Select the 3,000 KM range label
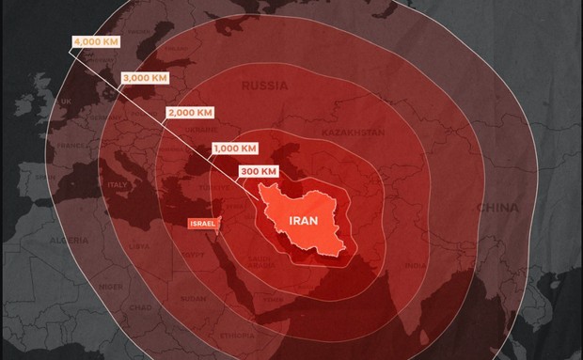143,79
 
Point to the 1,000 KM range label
235,149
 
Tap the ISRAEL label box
203,223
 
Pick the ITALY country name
120,184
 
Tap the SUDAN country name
192,299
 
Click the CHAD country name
140,306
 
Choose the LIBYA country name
139,246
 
